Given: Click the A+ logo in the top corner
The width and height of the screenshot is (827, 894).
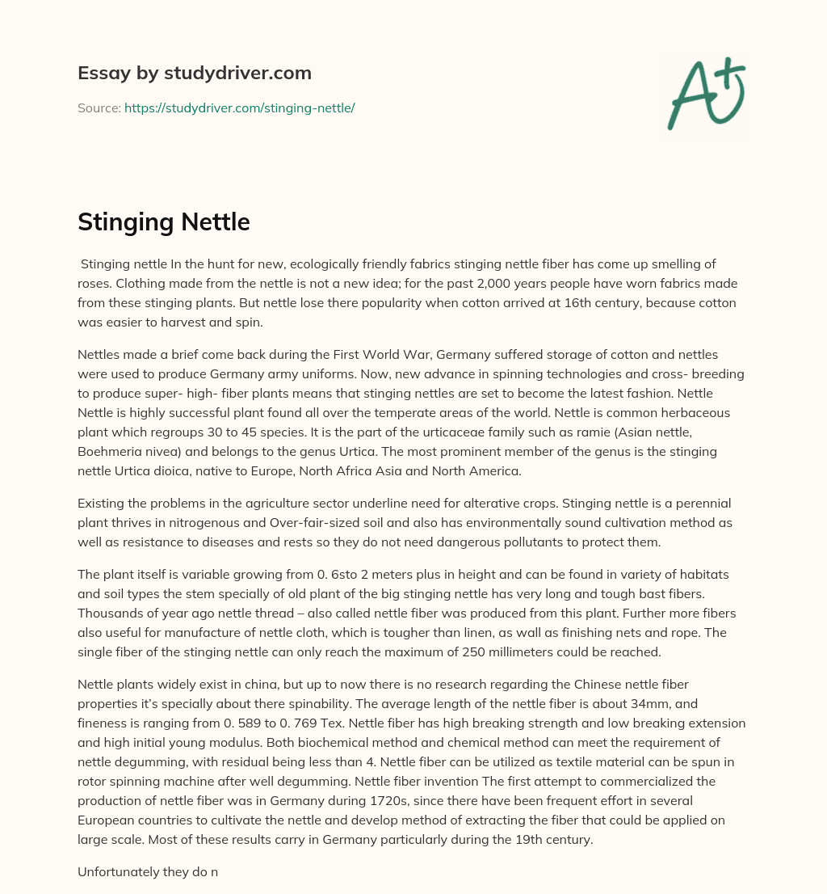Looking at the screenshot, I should click(706, 94).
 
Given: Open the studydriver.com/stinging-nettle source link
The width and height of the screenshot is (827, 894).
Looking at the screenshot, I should click(240, 108).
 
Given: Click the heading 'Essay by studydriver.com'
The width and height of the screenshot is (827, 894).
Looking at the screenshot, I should click(195, 74).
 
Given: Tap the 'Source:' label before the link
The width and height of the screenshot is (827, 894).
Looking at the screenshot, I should click(99, 108).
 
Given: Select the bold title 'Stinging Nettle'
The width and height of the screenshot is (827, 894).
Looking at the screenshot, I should click(164, 222).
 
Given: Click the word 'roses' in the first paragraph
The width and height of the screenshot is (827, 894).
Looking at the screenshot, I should click(97, 284).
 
